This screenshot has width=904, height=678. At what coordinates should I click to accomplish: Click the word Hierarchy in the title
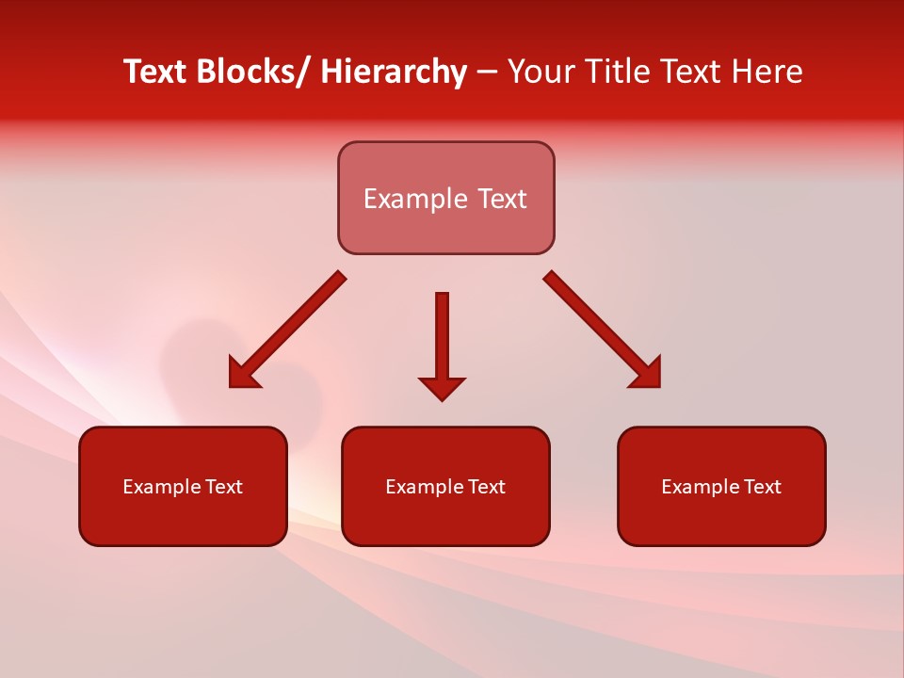pos(393,73)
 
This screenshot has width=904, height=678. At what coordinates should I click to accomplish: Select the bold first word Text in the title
pos(155,73)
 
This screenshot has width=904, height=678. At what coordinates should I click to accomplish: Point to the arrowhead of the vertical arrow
pos(442,388)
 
